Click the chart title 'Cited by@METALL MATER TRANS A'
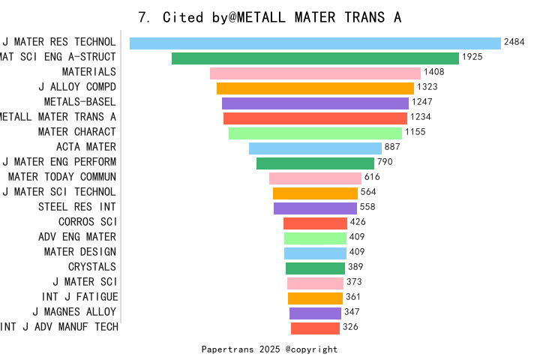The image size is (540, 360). pyautogui.click(x=270, y=17)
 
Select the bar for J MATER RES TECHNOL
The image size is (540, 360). pyautogui.click(x=315, y=43)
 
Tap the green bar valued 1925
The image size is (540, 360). pyautogui.click(x=315, y=58)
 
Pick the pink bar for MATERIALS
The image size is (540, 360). pyautogui.click(x=315, y=73)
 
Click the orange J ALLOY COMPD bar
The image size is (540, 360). pyautogui.click(x=315, y=88)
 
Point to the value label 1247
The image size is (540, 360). pyautogui.click(x=422, y=102)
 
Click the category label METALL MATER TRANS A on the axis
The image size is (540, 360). pyautogui.click(x=58, y=117)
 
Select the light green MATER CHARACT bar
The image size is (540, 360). pyautogui.click(x=315, y=133)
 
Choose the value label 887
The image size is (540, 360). pyautogui.click(x=392, y=147)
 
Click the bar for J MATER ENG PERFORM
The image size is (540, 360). pyautogui.click(x=315, y=163)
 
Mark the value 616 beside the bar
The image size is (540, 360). pyautogui.click(x=372, y=177)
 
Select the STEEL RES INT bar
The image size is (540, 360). pyautogui.click(x=315, y=208)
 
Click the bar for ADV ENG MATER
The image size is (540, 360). pyautogui.click(x=315, y=238)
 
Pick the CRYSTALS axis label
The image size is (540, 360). pyautogui.click(x=92, y=267)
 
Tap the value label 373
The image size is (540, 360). pyautogui.click(x=354, y=282)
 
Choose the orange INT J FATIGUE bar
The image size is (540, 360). pyautogui.click(x=315, y=298)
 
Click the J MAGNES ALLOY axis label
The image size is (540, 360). pyautogui.click(x=74, y=312)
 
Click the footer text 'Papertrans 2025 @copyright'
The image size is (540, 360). pyautogui.click(x=269, y=349)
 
